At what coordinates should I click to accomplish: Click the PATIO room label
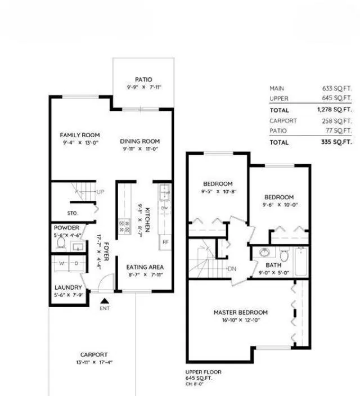point(143,80)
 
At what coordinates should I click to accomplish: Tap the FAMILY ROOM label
point(80,135)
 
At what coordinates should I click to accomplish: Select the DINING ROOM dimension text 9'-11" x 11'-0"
point(141,150)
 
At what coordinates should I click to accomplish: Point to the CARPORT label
point(93,355)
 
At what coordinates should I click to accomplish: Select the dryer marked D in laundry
point(78,263)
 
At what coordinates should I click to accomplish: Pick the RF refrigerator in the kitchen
point(165,242)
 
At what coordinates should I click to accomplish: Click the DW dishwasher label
point(165,209)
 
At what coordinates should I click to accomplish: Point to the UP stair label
point(100,192)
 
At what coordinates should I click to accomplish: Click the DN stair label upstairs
point(232,269)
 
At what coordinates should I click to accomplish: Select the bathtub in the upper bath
point(301,263)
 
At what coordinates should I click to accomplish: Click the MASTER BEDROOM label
point(240,312)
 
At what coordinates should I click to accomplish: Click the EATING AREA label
point(145,267)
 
